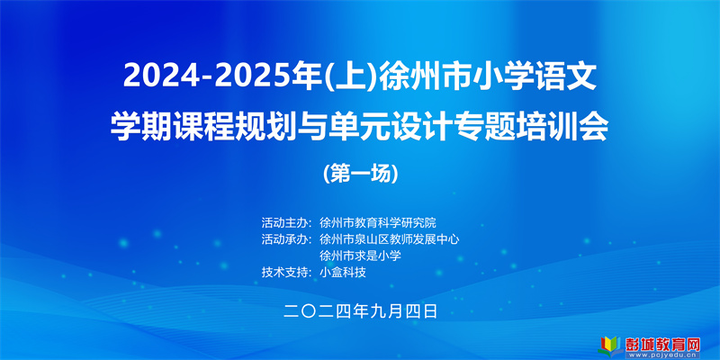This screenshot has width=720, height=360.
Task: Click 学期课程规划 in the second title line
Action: click(x=194, y=127)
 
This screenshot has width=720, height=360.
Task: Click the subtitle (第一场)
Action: click(x=360, y=173)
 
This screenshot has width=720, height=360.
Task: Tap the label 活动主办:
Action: click(x=287, y=223)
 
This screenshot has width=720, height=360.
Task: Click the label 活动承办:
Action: click(x=287, y=239)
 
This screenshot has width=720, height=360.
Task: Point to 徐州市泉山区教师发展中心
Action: click(x=390, y=239)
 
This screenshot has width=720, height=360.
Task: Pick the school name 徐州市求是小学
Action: click(x=361, y=256)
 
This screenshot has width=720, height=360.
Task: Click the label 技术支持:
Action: click(x=287, y=273)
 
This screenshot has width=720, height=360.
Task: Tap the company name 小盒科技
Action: click(x=343, y=273)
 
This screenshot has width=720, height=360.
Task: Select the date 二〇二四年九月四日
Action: click(x=360, y=311)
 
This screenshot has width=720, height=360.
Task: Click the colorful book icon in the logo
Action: click(x=611, y=346)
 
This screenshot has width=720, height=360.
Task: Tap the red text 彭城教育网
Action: click(x=662, y=344)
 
